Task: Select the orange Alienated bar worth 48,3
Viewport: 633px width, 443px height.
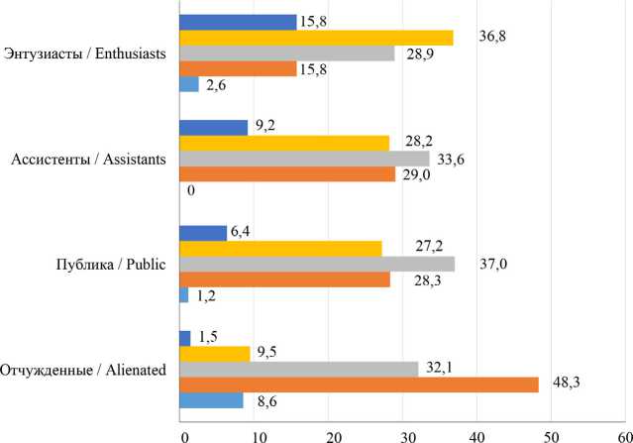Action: coord(359,385)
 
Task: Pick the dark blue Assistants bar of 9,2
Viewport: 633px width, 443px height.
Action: coord(213,128)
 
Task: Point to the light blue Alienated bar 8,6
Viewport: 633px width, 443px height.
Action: coord(210,400)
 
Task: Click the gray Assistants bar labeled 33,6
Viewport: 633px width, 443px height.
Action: coord(303,159)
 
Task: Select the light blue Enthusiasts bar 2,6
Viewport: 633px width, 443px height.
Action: coord(188,85)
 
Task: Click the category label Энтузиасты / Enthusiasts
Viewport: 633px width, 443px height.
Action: coord(85,53)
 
